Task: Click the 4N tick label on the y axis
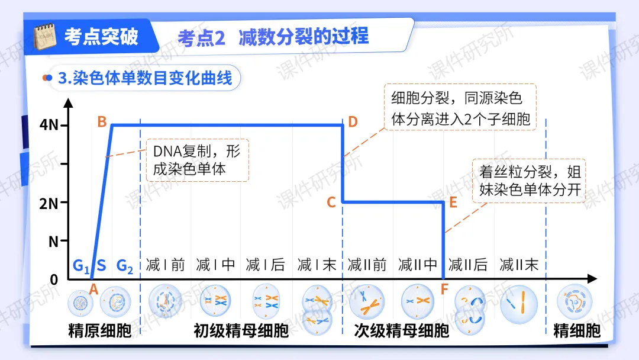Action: coord(49,125)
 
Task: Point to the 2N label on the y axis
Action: coord(49,203)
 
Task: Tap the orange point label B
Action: coord(102,121)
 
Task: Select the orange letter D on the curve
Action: coord(353,121)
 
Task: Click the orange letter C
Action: coord(331,202)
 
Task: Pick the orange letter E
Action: coord(453,202)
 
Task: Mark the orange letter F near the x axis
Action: coord(444,289)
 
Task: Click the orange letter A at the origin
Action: coord(93,289)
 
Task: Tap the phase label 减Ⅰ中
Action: coord(215,265)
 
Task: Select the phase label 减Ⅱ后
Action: coord(468,265)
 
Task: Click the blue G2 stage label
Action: coord(125,266)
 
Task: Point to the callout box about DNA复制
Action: coord(198,160)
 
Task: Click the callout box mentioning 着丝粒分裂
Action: coord(529,181)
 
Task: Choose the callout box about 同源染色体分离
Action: coord(460,107)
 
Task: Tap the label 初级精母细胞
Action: coord(241,330)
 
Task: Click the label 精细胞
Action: coord(577,330)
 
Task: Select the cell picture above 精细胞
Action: coord(575,302)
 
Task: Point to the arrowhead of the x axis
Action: coord(592,279)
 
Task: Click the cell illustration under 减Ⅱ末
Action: coord(519,304)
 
